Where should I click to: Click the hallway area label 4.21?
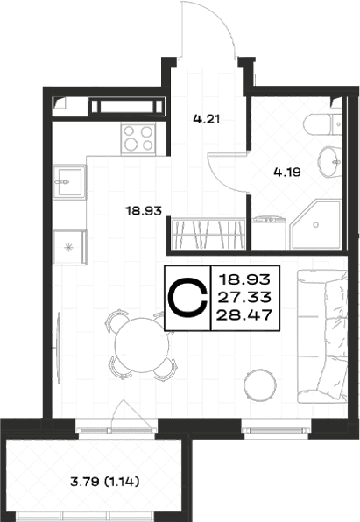coord(207,119)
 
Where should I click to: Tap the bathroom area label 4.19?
coord(287,173)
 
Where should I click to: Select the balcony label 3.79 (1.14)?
coord(105,482)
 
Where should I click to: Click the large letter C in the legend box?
coord(187,299)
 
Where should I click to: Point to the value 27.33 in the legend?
coord(244,297)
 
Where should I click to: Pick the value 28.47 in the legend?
coord(244,315)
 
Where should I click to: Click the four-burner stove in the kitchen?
coord(138,138)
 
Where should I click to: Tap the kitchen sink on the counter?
coord(69,181)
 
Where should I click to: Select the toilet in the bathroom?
coord(323,125)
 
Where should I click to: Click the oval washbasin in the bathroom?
coord(329,162)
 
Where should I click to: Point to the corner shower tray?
coord(315,224)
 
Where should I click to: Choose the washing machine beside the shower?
coord(269,233)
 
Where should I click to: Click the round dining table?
coord(142,345)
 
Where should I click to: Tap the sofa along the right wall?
coord(322,336)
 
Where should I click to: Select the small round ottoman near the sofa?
coord(260,384)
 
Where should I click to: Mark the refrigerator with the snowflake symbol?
coord(69,247)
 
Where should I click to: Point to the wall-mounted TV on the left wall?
coord(59,348)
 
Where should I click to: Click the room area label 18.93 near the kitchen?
coord(144,210)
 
